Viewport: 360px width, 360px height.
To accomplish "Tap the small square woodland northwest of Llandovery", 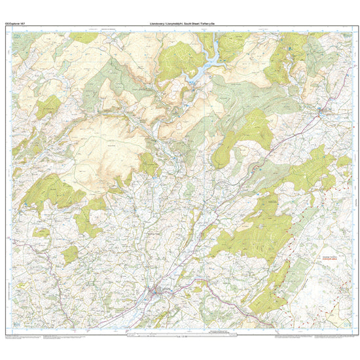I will (70, 254).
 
